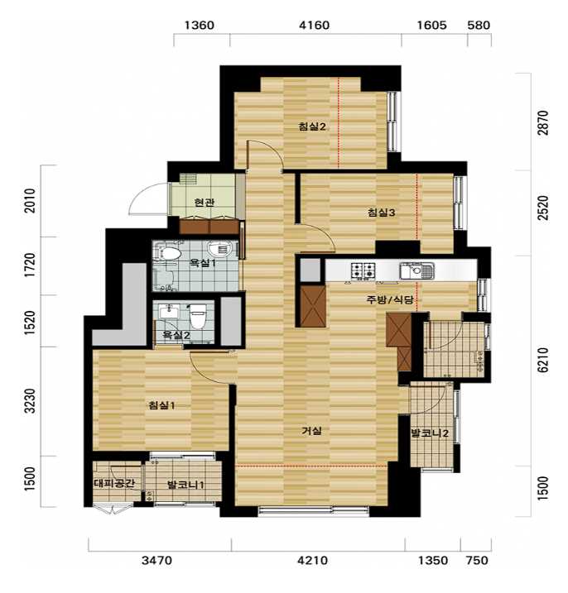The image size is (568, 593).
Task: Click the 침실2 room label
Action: pos(311,127)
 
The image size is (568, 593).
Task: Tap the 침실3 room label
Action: pos(381,213)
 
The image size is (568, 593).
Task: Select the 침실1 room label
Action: pos(161,406)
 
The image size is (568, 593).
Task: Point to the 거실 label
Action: pos(311,430)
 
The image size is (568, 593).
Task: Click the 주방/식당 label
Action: pos(389,300)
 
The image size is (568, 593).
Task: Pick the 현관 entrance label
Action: pos(205,203)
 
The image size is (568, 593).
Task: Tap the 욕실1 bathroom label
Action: pos(203,262)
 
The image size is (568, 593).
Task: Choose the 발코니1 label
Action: pos(186,485)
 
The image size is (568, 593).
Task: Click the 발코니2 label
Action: pos(430,433)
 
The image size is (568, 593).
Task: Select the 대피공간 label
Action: pos(114,483)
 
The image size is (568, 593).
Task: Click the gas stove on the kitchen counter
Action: pos(363,270)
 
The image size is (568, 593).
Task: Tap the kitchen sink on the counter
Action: pos(416,270)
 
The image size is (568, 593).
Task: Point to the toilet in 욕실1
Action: pos(169,253)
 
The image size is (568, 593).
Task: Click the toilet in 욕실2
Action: pos(197,315)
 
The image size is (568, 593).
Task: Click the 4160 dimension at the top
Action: pos(315,26)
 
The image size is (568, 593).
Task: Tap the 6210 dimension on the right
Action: pos(543,360)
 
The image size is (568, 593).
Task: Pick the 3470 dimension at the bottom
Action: pos(156,560)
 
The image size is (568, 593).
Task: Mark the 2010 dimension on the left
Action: pos(30,200)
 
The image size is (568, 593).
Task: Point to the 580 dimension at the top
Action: pos(479,26)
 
